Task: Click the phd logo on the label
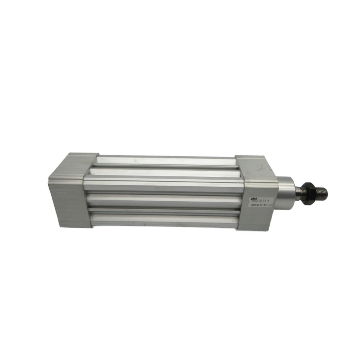pos(254,197)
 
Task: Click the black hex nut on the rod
pos(308,193)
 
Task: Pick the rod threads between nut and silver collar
pos(298,192)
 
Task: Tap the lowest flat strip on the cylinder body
pos(164,220)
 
